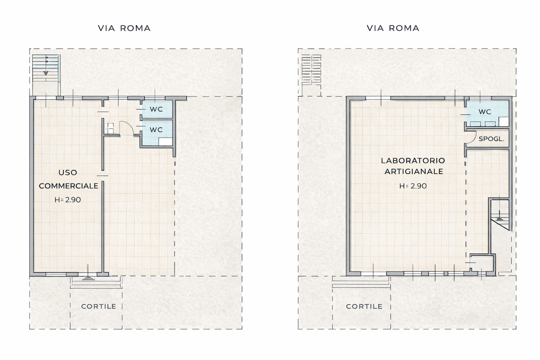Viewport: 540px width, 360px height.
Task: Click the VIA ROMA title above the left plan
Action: tap(124, 28)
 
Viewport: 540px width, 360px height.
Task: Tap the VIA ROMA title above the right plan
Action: tap(393, 28)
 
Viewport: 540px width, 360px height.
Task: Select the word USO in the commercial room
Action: tap(68, 173)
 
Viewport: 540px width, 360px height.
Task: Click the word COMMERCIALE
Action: tap(68, 186)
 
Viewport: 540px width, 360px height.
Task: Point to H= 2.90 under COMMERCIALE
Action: tap(67, 200)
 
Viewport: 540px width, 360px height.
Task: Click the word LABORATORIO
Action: tap(413, 161)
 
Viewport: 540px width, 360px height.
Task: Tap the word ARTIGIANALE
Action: tap(414, 171)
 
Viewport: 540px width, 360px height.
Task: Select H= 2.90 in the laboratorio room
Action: tap(413, 186)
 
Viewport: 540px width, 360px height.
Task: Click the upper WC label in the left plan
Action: tap(156, 109)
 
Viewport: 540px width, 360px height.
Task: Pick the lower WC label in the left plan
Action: tap(156, 130)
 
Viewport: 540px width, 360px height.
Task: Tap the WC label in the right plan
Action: tap(485, 112)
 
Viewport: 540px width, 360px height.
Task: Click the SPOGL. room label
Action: tap(491, 139)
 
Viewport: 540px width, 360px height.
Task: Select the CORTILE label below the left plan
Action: tap(99, 306)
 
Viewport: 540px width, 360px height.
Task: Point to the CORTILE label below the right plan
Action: tap(364, 306)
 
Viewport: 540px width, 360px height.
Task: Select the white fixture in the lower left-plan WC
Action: tap(166, 142)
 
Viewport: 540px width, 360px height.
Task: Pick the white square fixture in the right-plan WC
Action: tap(504, 122)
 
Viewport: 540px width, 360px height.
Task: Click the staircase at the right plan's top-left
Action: tap(311, 70)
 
